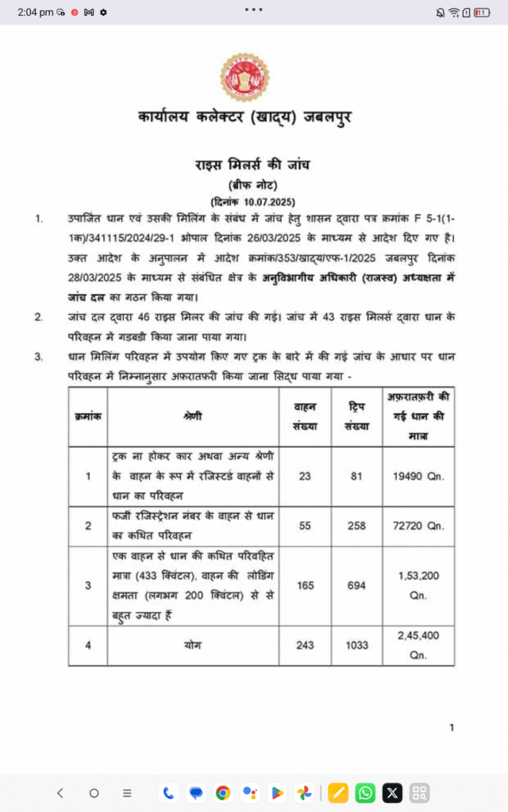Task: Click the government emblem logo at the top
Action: click(244, 76)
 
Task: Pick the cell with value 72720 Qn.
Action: click(418, 526)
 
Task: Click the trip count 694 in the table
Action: click(356, 585)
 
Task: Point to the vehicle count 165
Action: click(305, 585)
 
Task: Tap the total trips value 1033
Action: click(356, 645)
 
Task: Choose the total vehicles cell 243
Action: click(305, 645)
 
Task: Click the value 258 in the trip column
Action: click(356, 526)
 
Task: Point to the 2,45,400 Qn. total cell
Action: click(418, 645)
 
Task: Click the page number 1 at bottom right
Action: click(452, 728)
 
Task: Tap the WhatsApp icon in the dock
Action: click(365, 792)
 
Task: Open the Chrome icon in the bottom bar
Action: click(223, 792)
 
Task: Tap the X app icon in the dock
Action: click(392, 792)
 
